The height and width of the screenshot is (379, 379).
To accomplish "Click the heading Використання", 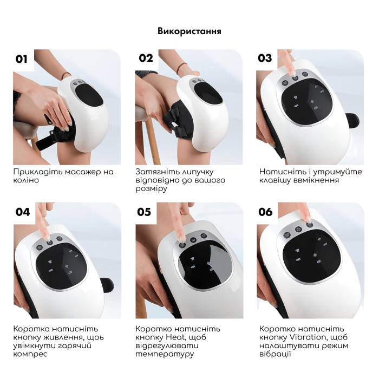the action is pos(190,31).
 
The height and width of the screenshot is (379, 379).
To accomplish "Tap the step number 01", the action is pos(22,59).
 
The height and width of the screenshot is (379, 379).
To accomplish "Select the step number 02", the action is pos(146,58).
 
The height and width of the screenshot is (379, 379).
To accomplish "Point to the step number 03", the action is pos(265,58).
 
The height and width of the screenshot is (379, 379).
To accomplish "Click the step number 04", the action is pos(23,212).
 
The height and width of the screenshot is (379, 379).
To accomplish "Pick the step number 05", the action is pos(144,212).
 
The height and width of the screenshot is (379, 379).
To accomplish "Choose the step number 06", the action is pos(265,212).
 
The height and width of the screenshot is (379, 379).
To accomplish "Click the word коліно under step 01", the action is pos(26,180).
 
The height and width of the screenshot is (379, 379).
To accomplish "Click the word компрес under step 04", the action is pos(30,354).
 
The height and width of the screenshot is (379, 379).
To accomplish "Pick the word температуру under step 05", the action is pos(165,354).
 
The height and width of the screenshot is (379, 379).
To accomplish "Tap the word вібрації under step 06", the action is pos(275,354).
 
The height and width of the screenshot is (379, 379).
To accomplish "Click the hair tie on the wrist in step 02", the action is pos(180,68).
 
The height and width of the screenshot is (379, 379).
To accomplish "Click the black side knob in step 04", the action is pos(107,285).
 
